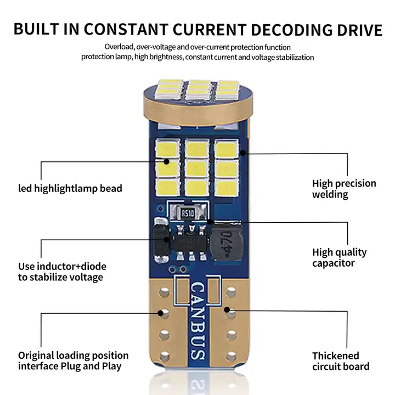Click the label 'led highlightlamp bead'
coord(70,188)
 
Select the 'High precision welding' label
coord(344,189)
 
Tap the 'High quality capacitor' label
coord(340,258)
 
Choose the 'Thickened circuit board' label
coord(341,361)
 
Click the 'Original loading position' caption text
coord(74,356)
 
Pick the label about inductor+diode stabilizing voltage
coord(62,272)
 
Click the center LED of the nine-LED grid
coord(195,166)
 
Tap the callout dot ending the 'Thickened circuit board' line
coord(229,311)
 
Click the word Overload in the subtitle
coord(119,47)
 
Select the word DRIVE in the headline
coord(359,29)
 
